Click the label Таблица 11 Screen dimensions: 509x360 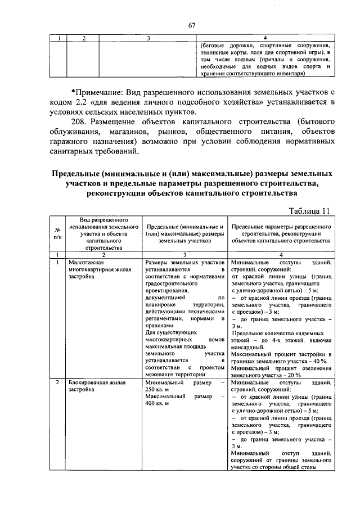click(x=309, y=210)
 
